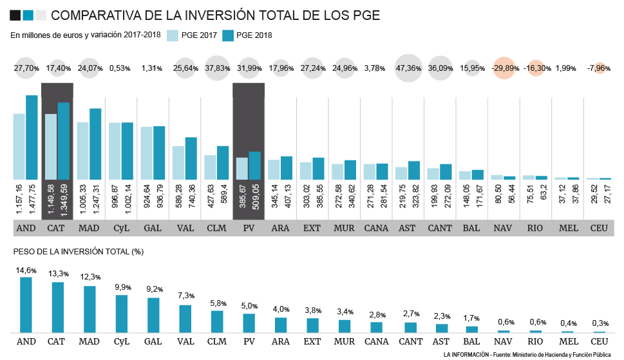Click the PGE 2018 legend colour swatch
227,35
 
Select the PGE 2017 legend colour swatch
173,35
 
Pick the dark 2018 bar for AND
32,137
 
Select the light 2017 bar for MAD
82,151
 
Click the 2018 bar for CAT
63,141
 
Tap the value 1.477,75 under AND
32,200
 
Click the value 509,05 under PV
254,200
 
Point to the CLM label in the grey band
216,228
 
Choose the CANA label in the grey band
376,228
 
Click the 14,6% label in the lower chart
26,271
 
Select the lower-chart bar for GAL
153,315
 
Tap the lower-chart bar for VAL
185,319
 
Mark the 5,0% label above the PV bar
249,307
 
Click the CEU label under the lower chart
599,341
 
